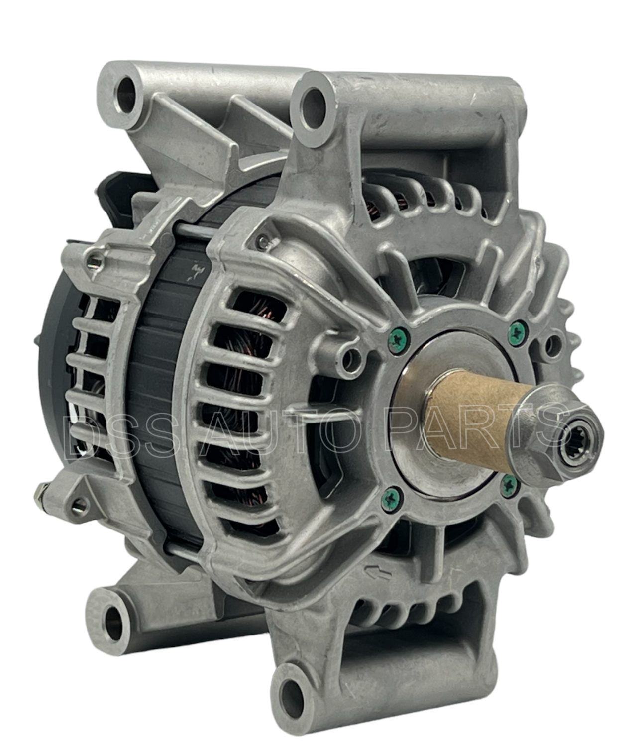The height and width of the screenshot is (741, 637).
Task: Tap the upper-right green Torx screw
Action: click(x=519, y=331)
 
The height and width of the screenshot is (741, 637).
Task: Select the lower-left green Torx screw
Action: click(x=392, y=497)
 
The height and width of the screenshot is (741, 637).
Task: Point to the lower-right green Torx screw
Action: click(x=510, y=486)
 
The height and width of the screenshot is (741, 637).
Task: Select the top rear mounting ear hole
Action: click(x=126, y=94)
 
